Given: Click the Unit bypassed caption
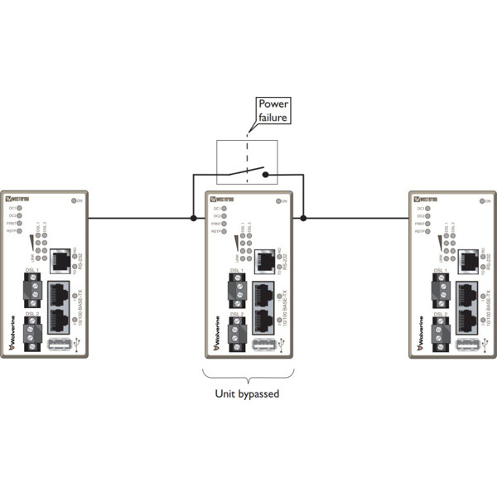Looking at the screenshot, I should pyautogui.click(x=248, y=394).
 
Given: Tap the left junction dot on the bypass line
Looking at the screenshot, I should pyautogui.click(x=193, y=219).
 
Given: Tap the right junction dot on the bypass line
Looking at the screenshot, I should pyautogui.click(x=303, y=219).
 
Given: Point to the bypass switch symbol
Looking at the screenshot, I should pyautogui.click(x=247, y=175).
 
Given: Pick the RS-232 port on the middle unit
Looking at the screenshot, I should pyautogui.click(x=264, y=260).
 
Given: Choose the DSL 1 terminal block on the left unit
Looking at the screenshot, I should pyautogui.click(x=33, y=290).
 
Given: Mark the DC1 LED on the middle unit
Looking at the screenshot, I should pyautogui.click(x=225, y=208).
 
